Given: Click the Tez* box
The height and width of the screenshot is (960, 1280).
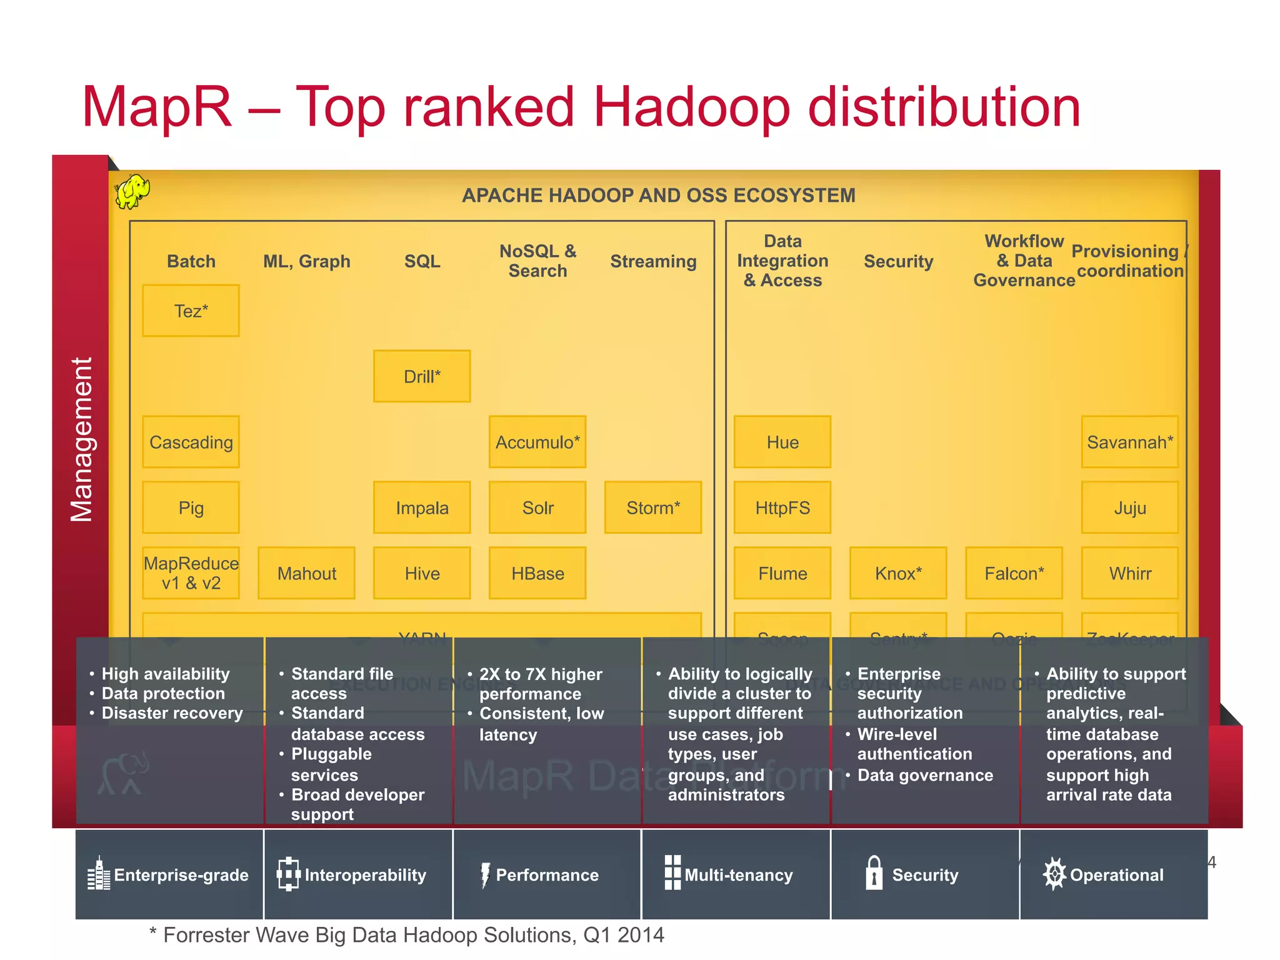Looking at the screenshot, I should click(x=191, y=311).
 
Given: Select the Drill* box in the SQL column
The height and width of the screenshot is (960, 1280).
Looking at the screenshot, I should click(x=422, y=376).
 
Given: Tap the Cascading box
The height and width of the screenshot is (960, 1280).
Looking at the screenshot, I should click(x=191, y=442).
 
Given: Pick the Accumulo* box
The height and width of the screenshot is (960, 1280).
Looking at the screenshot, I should click(x=537, y=442).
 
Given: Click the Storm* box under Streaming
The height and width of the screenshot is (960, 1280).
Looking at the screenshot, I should click(x=653, y=507).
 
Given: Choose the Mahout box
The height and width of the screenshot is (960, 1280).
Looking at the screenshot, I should click(x=306, y=573).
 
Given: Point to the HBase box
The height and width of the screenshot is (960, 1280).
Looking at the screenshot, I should click(x=537, y=573).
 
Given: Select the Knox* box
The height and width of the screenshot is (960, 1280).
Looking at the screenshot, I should click(x=898, y=573).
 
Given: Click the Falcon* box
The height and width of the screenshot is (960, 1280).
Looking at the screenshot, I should click(x=1014, y=573).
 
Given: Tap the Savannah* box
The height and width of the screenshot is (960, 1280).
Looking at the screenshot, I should click(x=1130, y=442).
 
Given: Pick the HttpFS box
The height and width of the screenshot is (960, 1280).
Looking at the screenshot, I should click(x=782, y=507).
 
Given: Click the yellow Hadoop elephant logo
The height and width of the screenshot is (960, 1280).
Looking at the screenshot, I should click(x=132, y=191).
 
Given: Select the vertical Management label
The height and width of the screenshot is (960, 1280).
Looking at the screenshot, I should click(x=82, y=439).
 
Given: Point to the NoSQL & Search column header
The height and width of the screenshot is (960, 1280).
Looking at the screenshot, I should click(x=537, y=261).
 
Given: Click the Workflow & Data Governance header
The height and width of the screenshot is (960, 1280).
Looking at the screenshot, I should click(x=1024, y=261).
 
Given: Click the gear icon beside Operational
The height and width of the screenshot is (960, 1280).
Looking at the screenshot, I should click(x=1054, y=873).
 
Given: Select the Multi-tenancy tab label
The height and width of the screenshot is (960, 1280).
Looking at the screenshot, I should click(x=738, y=875).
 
